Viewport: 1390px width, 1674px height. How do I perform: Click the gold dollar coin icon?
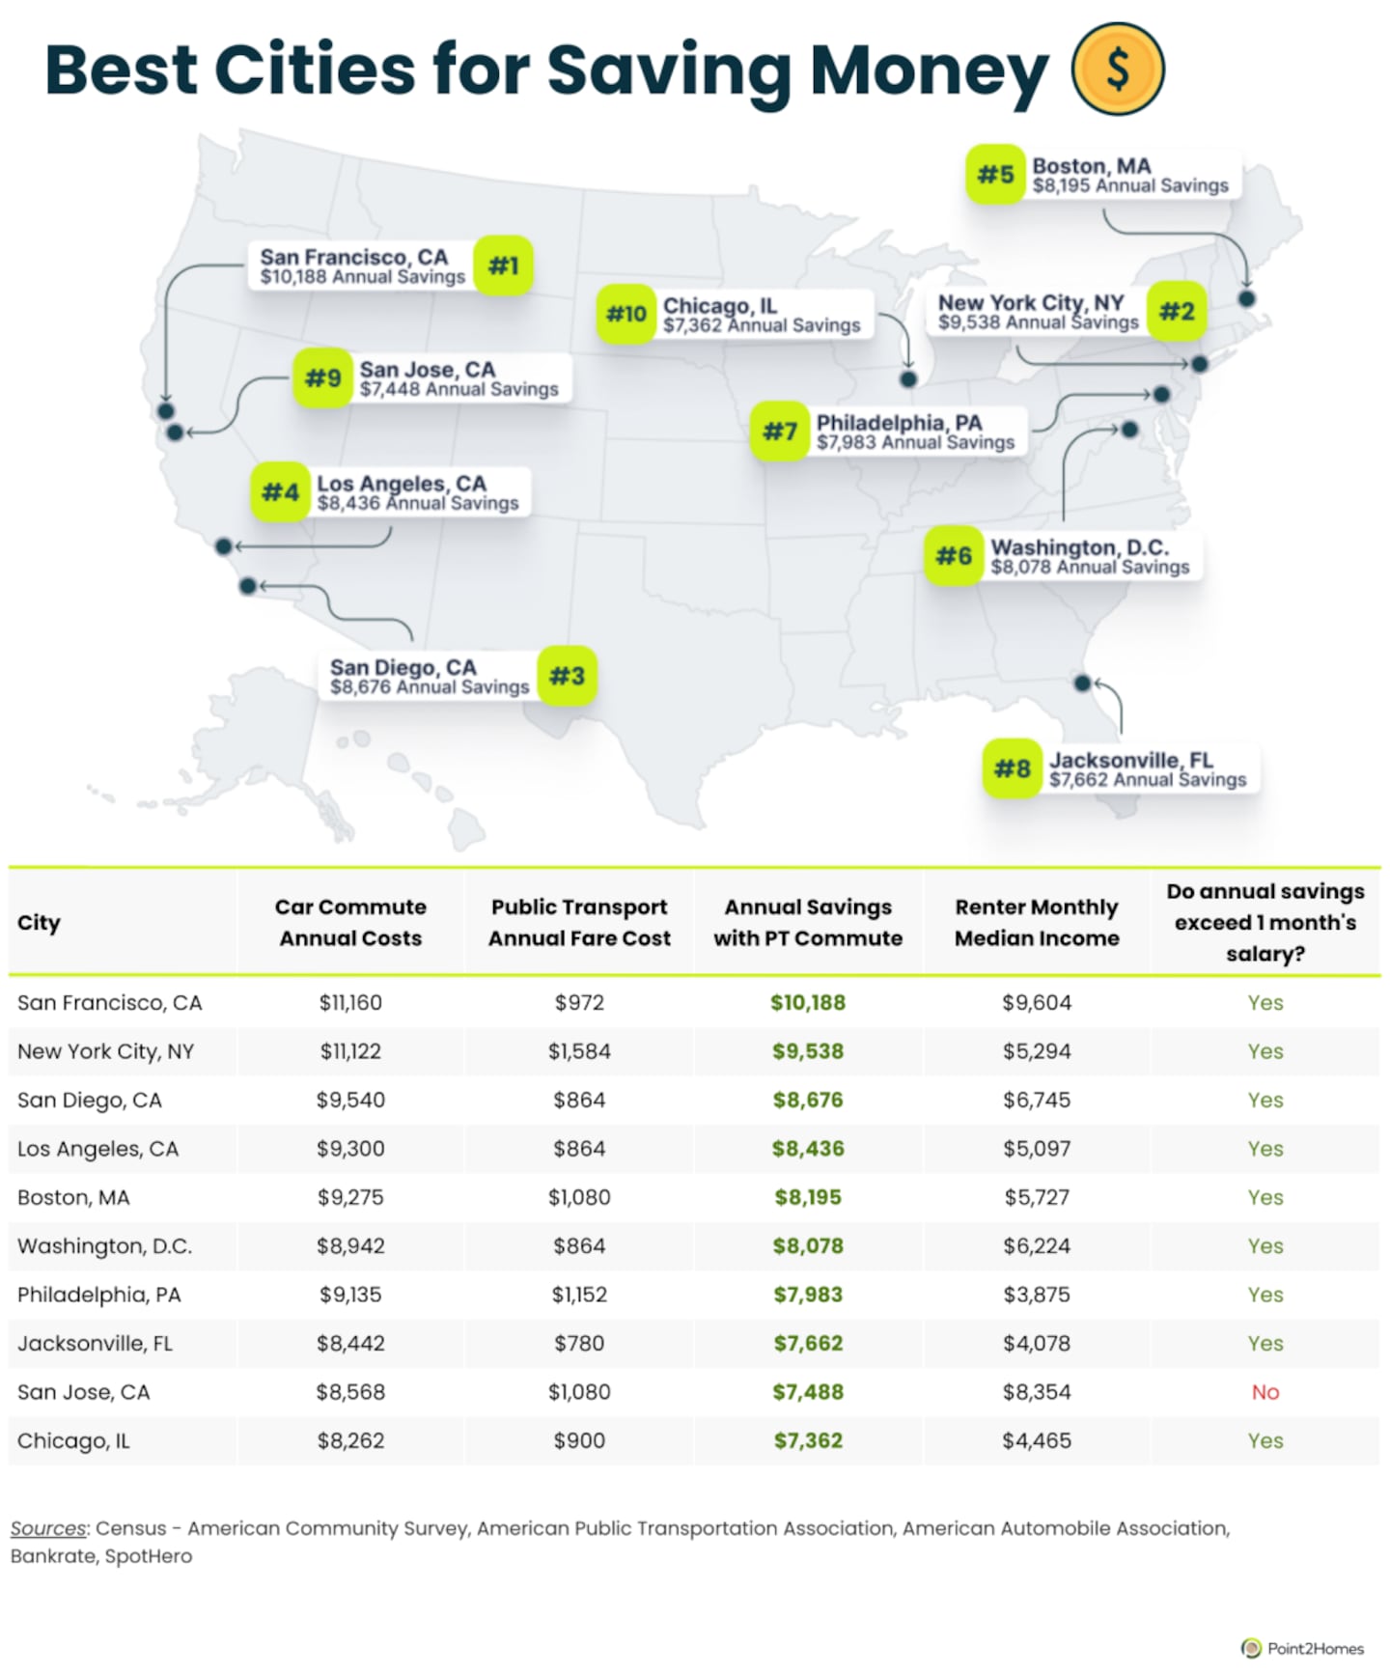coord(1118,69)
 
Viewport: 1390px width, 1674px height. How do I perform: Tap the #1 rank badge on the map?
coord(503,265)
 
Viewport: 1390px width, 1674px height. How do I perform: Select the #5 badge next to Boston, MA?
coord(995,175)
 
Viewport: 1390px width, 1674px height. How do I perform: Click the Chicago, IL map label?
coord(761,315)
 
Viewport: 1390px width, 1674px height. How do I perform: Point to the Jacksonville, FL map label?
coord(1147,769)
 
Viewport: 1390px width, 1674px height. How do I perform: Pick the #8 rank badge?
coord(1012,768)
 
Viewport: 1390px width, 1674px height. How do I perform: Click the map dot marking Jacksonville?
coord(1082,684)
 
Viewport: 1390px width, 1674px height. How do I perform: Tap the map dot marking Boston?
coord(1246,299)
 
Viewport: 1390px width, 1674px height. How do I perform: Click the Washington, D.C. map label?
coord(1089,557)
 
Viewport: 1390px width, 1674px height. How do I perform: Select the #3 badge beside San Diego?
coord(567,676)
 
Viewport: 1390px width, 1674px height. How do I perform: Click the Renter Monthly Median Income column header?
coord(1037,922)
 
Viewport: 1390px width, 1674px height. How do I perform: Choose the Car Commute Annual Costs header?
coord(350,922)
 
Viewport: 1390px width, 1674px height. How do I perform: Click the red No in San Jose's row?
coord(1265,1392)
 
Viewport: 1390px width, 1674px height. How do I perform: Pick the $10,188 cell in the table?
coord(808,1003)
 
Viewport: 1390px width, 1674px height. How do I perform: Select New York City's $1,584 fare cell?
coord(579,1051)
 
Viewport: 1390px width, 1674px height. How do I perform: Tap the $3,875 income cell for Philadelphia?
coord(1037,1295)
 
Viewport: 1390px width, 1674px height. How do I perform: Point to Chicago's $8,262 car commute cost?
coord(350,1441)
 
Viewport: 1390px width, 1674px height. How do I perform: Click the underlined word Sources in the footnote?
coord(48,1529)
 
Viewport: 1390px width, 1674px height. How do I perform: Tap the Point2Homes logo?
coord(1302,1648)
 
